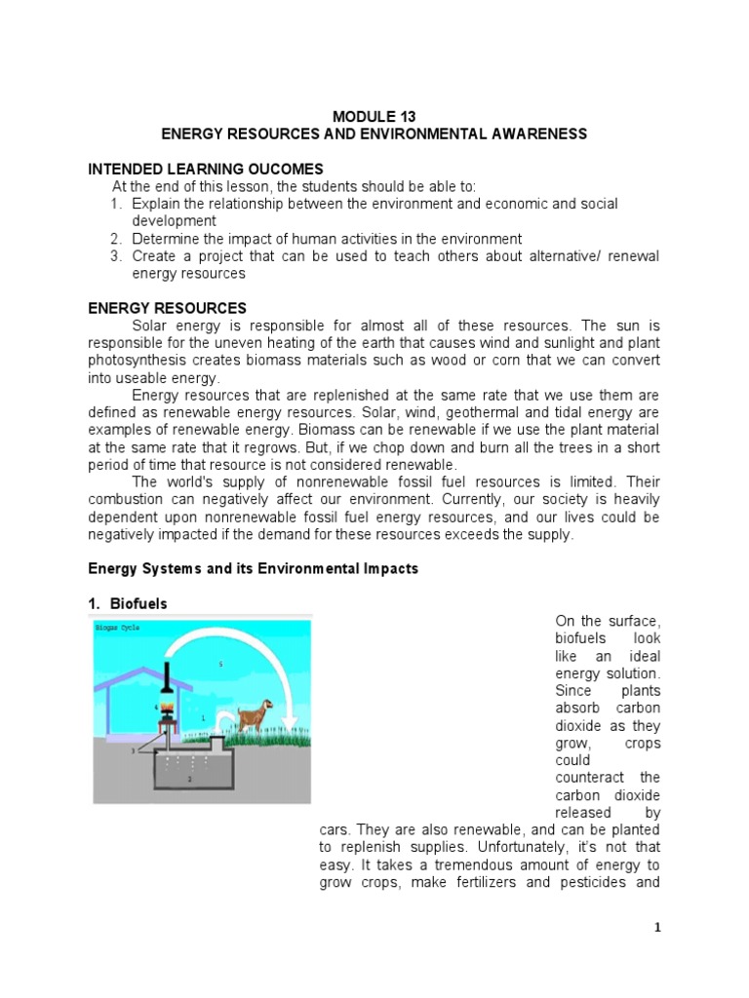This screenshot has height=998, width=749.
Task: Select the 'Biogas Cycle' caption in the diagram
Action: coord(118,629)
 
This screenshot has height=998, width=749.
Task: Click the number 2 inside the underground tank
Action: coord(190,780)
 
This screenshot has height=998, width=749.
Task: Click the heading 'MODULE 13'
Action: coord(374,116)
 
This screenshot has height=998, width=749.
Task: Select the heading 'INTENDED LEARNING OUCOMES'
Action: coord(206,169)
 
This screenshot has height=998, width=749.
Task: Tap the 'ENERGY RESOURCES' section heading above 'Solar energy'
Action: coord(168,308)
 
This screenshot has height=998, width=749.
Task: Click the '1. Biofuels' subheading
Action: coord(128,604)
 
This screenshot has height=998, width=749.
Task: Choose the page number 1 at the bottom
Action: coord(658,927)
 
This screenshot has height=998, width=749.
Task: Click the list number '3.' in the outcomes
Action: coord(115,256)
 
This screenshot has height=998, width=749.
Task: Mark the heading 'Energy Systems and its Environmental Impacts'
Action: coord(253,568)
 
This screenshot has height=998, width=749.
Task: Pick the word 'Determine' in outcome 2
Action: coord(163,239)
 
